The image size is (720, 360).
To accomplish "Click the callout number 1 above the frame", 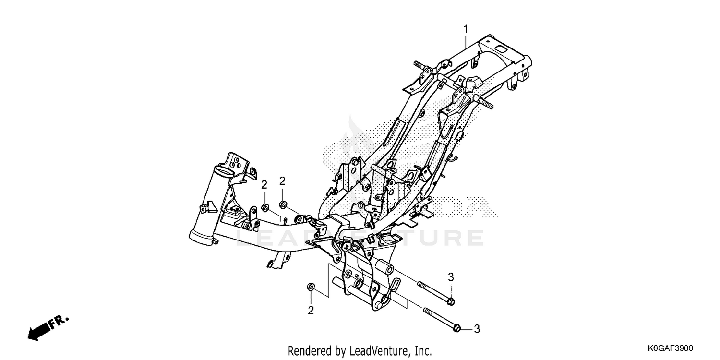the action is coord(466,30).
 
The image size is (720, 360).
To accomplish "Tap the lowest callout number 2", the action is coord(311,311).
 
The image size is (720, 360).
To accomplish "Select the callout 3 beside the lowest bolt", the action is coord(477,329).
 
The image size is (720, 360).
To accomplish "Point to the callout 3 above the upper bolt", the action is coord(451,277).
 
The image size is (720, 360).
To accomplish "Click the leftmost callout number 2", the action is coord(264,185).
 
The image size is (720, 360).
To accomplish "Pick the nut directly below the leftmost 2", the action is coord(265,208).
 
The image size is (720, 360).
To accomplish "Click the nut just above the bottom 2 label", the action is coord(311,287).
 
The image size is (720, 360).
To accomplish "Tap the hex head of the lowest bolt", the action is coord(457,328).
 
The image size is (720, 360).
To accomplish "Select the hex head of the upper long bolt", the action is coord(451,301).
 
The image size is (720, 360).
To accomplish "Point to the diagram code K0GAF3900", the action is coord(670,348).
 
